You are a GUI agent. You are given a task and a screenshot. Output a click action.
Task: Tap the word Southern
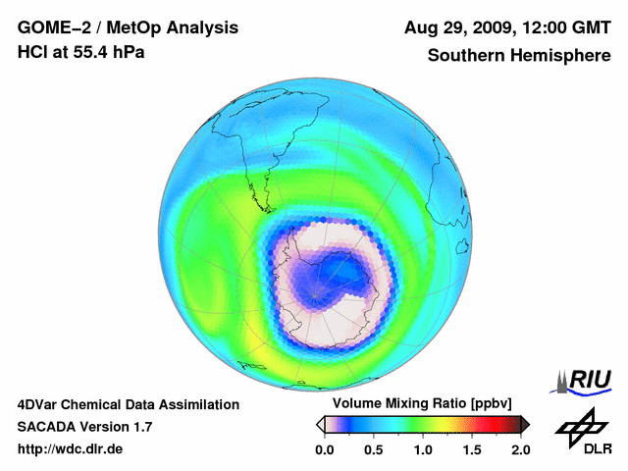click(x=465, y=55)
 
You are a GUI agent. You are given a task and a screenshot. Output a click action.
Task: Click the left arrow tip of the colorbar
click(x=319, y=424)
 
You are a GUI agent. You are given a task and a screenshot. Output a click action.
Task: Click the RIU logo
click(x=585, y=381)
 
